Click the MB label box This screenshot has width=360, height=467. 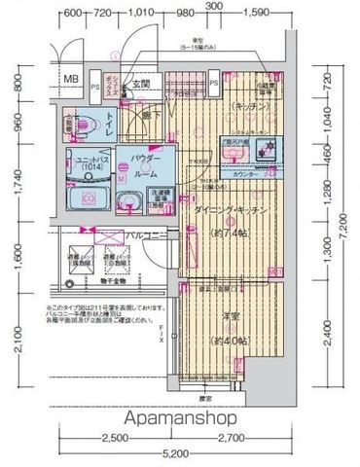pyautogui.click(x=71, y=80)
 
